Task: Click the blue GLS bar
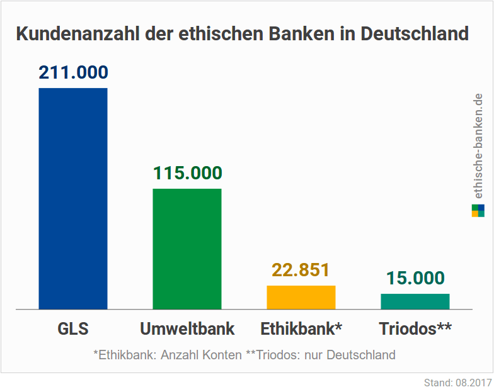73,198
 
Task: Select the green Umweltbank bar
187,249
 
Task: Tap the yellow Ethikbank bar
301,297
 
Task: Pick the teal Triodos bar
415,301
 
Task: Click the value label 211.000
73,72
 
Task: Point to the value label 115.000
187,174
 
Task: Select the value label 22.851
301,271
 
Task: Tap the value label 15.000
415,278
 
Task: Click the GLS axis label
73,329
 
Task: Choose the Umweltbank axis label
187,329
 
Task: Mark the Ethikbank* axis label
301,329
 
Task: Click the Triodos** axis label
415,329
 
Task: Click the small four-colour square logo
478,210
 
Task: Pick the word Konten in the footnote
223,355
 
